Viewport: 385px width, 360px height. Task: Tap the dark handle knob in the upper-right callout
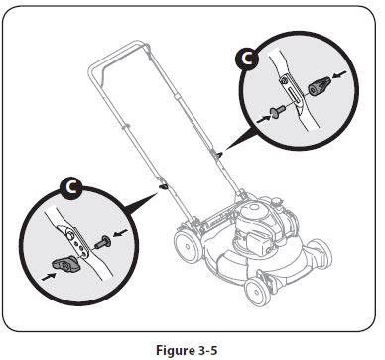pyautogui.click(x=318, y=87)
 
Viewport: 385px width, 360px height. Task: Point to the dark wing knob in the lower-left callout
pyautogui.click(x=63, y=262)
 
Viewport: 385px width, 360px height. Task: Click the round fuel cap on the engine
pyautogui.click(x=255, y=210)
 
